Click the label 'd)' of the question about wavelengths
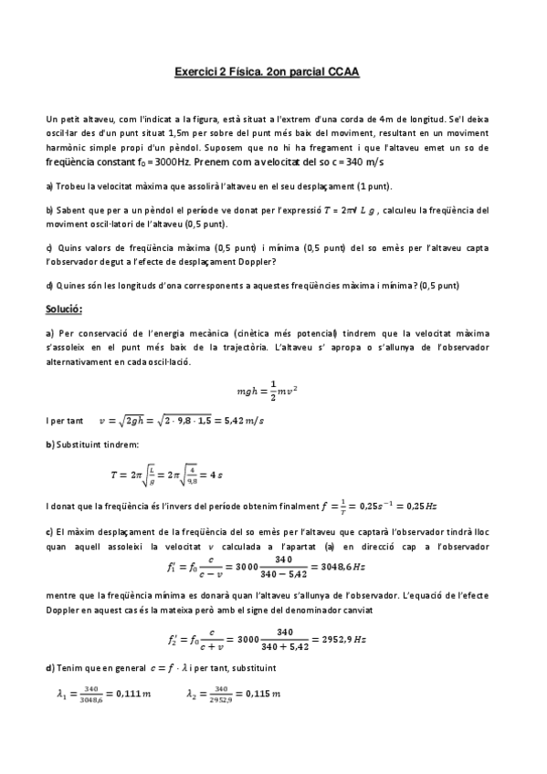[x=48, y=285]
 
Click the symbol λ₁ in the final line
[x=60, y=694]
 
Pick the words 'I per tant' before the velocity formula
[x=64, y=421]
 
